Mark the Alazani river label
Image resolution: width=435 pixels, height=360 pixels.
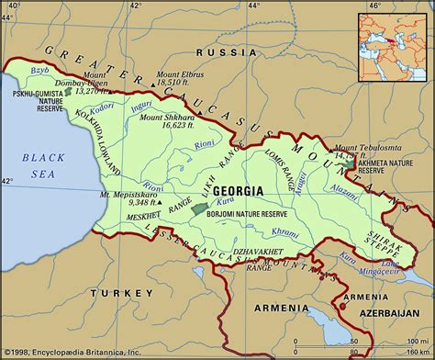click(x=346, y=184)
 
